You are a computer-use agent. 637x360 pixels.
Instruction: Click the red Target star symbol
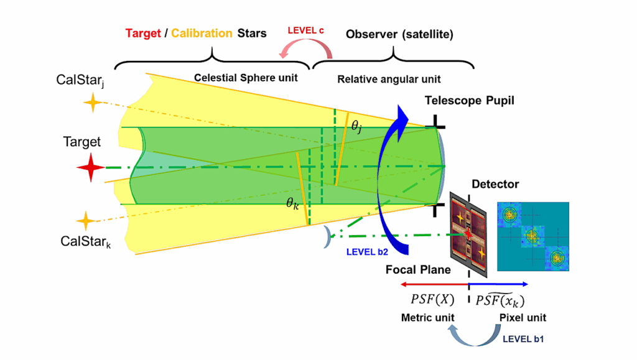(91, 168)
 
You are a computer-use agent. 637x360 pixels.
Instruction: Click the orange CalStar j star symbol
(91, 103)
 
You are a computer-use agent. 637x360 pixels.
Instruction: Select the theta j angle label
(356, 126)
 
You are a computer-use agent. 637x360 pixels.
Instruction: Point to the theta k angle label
(292, 202)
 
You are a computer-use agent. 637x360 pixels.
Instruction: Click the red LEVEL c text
(306, 30)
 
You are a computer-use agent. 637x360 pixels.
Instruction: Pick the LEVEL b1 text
(524, 339)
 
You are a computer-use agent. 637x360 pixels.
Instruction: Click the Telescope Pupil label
(469, 101)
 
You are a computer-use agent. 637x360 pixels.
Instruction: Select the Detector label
(495, 184)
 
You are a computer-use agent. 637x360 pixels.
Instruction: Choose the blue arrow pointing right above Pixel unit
(498, 284)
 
